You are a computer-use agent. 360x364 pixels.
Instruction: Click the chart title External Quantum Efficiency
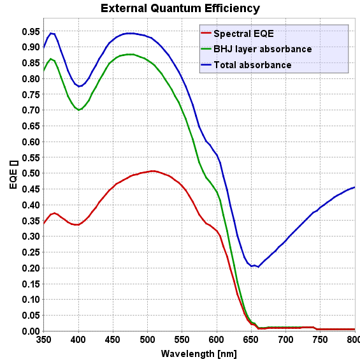click(180, 8)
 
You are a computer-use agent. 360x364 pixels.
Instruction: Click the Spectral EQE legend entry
click(243, 33)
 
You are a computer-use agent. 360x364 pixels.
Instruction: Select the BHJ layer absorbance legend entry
click(263, 49)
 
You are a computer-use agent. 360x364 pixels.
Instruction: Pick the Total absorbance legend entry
click(252, 65)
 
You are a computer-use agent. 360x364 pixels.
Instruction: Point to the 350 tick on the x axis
click(43, 340)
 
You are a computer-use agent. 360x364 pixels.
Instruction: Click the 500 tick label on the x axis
click(147, 340)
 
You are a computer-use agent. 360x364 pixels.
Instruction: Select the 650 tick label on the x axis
click(251, 340)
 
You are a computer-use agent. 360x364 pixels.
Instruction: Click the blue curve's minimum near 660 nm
click(257, 266)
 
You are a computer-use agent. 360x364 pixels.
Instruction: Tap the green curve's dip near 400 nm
click(79, 110)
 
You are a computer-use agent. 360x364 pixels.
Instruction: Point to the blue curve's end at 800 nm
click(355, 187)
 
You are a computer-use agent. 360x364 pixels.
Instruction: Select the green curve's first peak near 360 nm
click(51, 59)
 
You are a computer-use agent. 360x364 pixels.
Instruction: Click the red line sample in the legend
click(206, 33)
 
